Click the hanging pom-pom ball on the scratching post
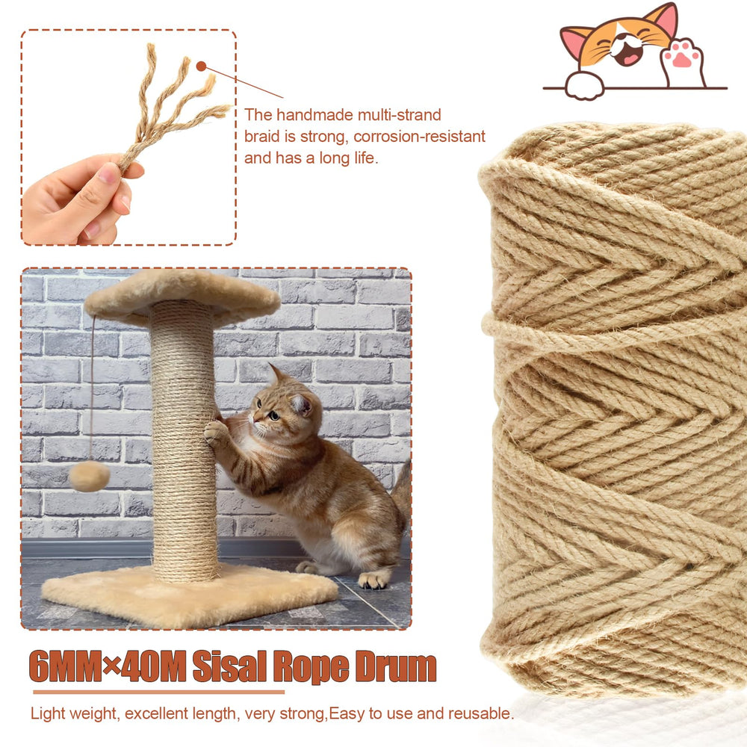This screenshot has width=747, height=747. click(89, 475)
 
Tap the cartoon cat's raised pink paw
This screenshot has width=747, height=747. click(682, 61)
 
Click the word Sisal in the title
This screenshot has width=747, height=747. click(229, 666)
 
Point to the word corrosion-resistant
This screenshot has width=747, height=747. click(419, 136)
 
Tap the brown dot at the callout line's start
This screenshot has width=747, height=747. click(202, 66)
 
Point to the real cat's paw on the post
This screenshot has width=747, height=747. click(214, 432)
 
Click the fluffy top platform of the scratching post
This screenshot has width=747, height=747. click(182, 297)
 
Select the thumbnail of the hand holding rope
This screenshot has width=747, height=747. click(128, 137)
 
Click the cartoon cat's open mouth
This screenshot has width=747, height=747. click(628, 55)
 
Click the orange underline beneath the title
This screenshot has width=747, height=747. click(158, 692)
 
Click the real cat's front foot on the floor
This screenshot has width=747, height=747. click(373, 580)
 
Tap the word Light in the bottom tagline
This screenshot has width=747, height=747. click(48, 713)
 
